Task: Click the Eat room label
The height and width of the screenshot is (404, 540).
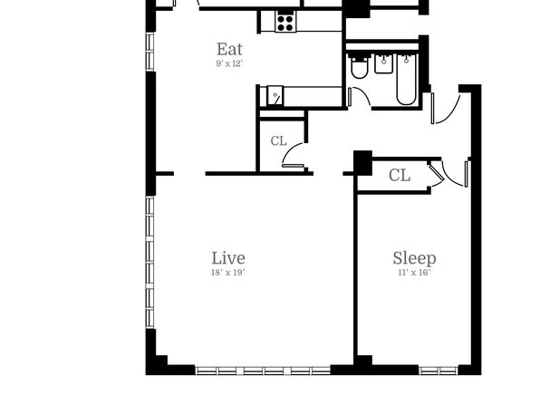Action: pyautogui.click(x=229, y=49)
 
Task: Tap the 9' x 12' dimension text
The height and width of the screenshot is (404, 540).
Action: pyautogui.click(x=229, y=63)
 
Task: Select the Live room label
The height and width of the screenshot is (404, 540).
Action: pyautogui.click(x=228, y=258)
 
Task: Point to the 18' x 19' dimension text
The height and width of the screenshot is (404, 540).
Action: pyautogui.click(x=228, y=273)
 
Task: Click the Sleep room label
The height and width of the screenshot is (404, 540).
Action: pyautogui.click(x=414, y=258)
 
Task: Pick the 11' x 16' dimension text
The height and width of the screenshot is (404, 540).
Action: pyautogui.click(x=414, y=273)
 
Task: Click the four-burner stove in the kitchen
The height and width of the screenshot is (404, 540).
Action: pyautogui.click(x=285, y=22)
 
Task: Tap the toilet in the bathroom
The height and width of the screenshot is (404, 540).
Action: pyautogui.click(x=359, y=68)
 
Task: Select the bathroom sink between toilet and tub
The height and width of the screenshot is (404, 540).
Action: pyautogui.click(x=383, y=64)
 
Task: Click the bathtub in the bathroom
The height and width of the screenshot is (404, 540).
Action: pyautogui.click(x=407, y=79)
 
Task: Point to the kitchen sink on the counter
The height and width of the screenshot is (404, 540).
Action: pyautogui.click(x=275, y=95)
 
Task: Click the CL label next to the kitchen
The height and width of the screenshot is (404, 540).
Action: pyautogui.click(x=279, y=141)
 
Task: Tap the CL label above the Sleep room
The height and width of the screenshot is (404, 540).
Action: pyautogui.click(x=400, y=176)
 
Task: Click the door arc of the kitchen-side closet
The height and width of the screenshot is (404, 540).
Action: pyautogui.click(x=289, y=149)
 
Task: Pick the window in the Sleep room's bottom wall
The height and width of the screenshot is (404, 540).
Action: pyautogui.click(x=439, y=370)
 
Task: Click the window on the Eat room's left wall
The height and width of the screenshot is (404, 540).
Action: pyautogui.click(x=149, y=52)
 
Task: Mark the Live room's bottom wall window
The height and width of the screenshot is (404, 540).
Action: pyautogui.click(x=263, y=370)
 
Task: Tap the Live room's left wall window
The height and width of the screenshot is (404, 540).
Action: pyautogui.click(x=149, y=262)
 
